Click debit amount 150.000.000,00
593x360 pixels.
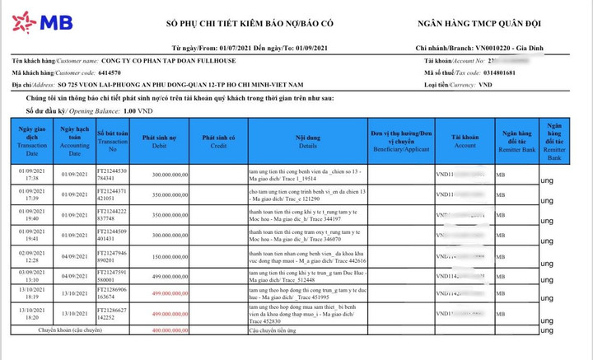[x=165, y=256]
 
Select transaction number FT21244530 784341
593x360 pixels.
[x=113, y=174]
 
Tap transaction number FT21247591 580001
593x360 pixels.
[x=113, y=276]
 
